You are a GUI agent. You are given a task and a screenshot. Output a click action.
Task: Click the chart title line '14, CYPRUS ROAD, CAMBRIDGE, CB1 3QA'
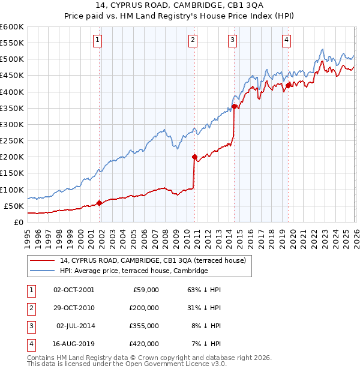180,6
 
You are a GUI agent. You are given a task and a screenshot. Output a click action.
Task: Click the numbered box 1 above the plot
98,40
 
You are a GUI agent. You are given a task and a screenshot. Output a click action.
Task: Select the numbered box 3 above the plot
232,40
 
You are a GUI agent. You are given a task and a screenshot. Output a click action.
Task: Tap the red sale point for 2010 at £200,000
194,157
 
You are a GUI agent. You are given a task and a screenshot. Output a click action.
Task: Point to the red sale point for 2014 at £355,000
234,107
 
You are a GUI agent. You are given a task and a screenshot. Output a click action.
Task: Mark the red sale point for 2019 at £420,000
288,85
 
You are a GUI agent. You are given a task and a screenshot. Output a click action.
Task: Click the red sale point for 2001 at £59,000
99,203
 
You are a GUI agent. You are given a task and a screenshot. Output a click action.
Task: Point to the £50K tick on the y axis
14,206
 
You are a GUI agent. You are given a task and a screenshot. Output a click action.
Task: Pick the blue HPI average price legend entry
133,271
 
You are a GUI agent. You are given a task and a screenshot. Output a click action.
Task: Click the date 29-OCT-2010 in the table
74,308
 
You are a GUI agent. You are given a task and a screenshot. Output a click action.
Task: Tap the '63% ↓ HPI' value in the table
205,290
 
